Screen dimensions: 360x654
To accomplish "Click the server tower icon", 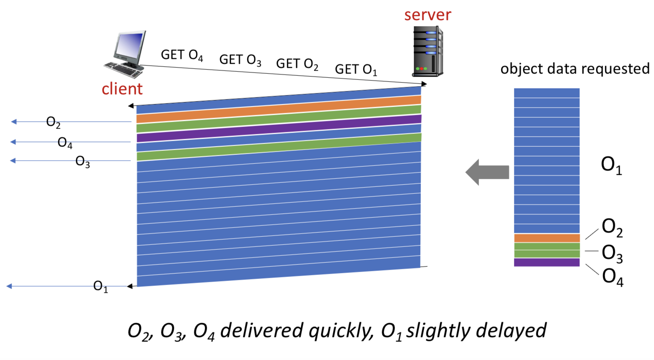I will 428,51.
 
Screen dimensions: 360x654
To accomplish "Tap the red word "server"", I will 427,15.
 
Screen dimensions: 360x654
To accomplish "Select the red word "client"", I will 122,89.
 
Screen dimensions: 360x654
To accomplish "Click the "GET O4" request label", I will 182,55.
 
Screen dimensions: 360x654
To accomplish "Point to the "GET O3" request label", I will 240,60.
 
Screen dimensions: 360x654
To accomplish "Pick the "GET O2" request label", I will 297,64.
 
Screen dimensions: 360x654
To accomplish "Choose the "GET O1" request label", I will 356,70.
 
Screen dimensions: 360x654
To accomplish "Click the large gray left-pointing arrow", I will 487,172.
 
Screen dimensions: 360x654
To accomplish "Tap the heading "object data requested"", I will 574,69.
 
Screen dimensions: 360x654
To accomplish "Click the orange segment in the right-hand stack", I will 546,238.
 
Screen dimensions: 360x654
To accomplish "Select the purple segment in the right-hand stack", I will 546,262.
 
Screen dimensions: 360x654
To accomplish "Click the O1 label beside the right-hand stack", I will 611,165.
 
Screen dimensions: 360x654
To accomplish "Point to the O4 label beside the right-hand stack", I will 612,277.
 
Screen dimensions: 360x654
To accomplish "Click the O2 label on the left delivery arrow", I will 53,122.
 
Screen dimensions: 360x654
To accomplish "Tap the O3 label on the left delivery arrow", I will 82,162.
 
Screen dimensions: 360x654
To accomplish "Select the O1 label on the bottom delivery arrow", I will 100,287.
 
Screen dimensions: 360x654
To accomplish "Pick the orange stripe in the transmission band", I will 279,109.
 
